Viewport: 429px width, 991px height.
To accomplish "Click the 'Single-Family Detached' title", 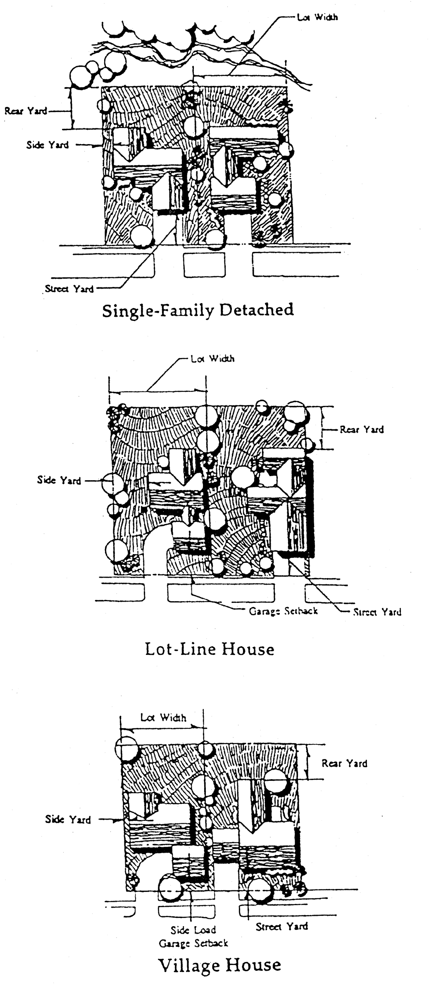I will click(198, 310).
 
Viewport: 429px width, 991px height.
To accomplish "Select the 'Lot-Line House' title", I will click(210, 650).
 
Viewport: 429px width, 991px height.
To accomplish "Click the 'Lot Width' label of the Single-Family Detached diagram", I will click(317, 17).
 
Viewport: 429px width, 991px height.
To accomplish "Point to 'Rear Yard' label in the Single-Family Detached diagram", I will click(26, 111).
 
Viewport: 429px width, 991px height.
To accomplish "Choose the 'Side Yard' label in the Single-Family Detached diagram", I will click(48, 145).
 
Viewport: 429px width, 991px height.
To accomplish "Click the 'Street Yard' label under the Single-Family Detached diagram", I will click(69, 289).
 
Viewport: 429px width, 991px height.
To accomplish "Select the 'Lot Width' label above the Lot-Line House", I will click(212, 358).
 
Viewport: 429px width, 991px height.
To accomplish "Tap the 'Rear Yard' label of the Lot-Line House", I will click(362, 429).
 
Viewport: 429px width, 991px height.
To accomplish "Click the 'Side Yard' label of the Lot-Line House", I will click(59, 480).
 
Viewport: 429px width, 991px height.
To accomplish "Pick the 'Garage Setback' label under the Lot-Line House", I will click(283, 611).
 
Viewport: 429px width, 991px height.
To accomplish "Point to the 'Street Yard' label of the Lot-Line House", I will click(377, 612).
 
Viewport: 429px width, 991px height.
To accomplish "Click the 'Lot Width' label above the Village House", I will click(163, 717).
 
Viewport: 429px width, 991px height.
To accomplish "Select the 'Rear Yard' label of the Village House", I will click(344, 763).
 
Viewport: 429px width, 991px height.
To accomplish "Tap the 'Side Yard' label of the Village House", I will click(68, 819).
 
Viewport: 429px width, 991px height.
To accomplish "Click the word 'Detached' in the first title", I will click(256, 310).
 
